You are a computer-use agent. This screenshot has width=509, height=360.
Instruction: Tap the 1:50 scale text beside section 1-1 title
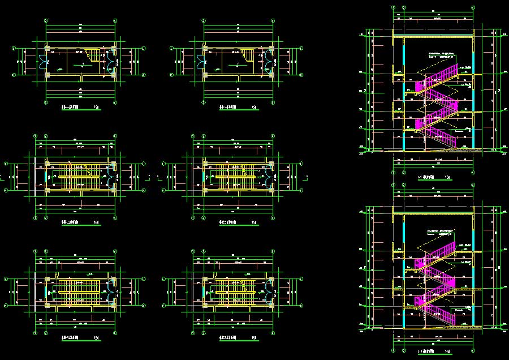[x=447, y=178]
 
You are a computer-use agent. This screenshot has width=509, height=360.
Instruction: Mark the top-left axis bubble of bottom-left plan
[x=35, y=251]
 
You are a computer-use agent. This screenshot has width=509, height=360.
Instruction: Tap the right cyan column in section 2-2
[x=473, y=272]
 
